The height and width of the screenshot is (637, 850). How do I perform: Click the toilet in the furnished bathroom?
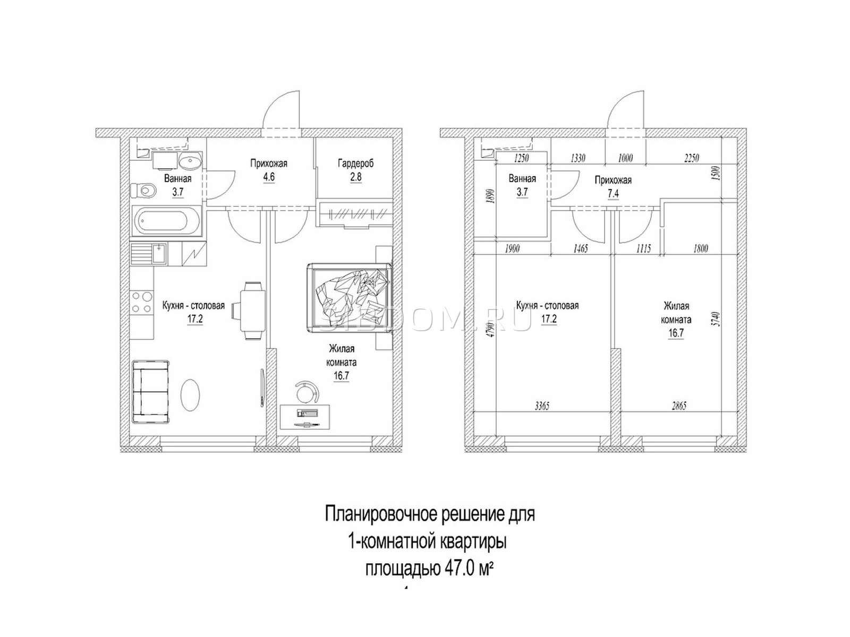tap(143, 190)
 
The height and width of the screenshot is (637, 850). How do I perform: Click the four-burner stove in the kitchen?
tap(142, 302)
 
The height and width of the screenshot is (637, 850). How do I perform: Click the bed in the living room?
tap(348, 297)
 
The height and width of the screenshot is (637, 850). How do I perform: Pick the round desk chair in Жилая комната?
tap(307, 393)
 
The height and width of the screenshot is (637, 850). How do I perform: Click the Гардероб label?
tap(355, 163)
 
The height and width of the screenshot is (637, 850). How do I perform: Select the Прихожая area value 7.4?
tap(613, 193)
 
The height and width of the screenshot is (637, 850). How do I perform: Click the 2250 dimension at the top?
tap(692, 158)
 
